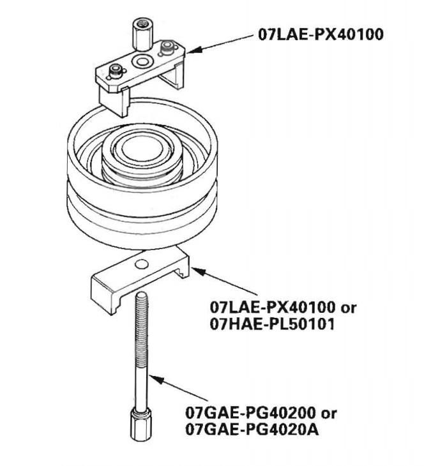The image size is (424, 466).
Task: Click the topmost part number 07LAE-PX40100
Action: [x=321, y=34]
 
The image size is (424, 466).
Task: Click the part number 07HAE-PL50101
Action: [x=273, y=324]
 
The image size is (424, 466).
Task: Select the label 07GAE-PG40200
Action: [x=250, y=413]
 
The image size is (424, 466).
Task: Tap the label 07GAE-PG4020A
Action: [x=252, y=430]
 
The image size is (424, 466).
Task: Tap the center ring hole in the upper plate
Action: [x=142, y=61]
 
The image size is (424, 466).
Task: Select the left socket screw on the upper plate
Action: [x=116, y=71]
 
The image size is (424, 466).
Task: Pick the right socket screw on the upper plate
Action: [x=167, y=48]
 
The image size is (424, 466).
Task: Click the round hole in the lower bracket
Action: [x=142, y=263]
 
